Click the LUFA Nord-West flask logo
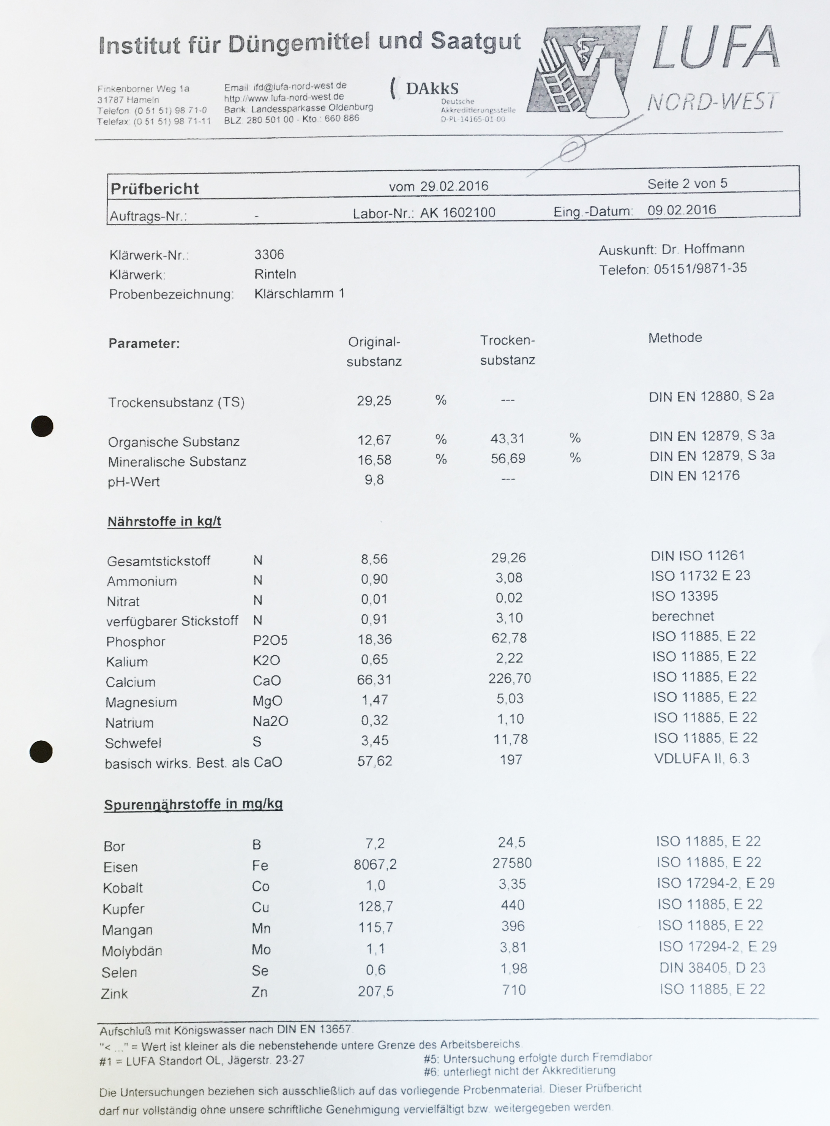(x=583, y=70)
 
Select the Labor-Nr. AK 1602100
(x=458, y=213)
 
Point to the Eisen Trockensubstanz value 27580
(x=512, y=863)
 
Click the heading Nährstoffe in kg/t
(x=164, y=521)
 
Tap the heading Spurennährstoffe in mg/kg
(x=193, y=804)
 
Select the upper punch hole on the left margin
(x=42, y=426)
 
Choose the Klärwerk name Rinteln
(x=275, y=274)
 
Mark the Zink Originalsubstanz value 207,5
(x=375, y=991)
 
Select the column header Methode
(x=675, y=338)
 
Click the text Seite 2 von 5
(x=687, y=183)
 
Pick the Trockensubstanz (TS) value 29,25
(x=374, y=401)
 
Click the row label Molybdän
(x=132, y=951)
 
